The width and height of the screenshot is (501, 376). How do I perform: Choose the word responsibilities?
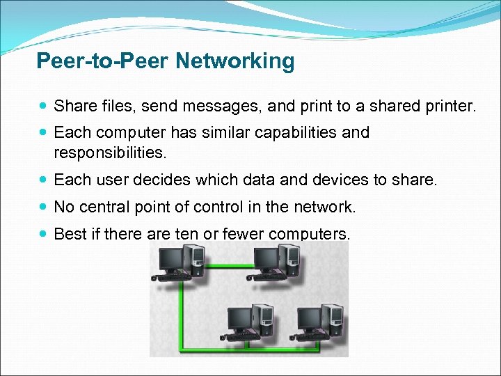(x=110, y=151)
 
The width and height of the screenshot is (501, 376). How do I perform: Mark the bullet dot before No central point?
(x=45, y=207)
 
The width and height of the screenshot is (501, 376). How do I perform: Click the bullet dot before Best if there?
(x=45, y=233)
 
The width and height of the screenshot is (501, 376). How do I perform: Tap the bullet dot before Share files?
(x=45, y=107)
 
